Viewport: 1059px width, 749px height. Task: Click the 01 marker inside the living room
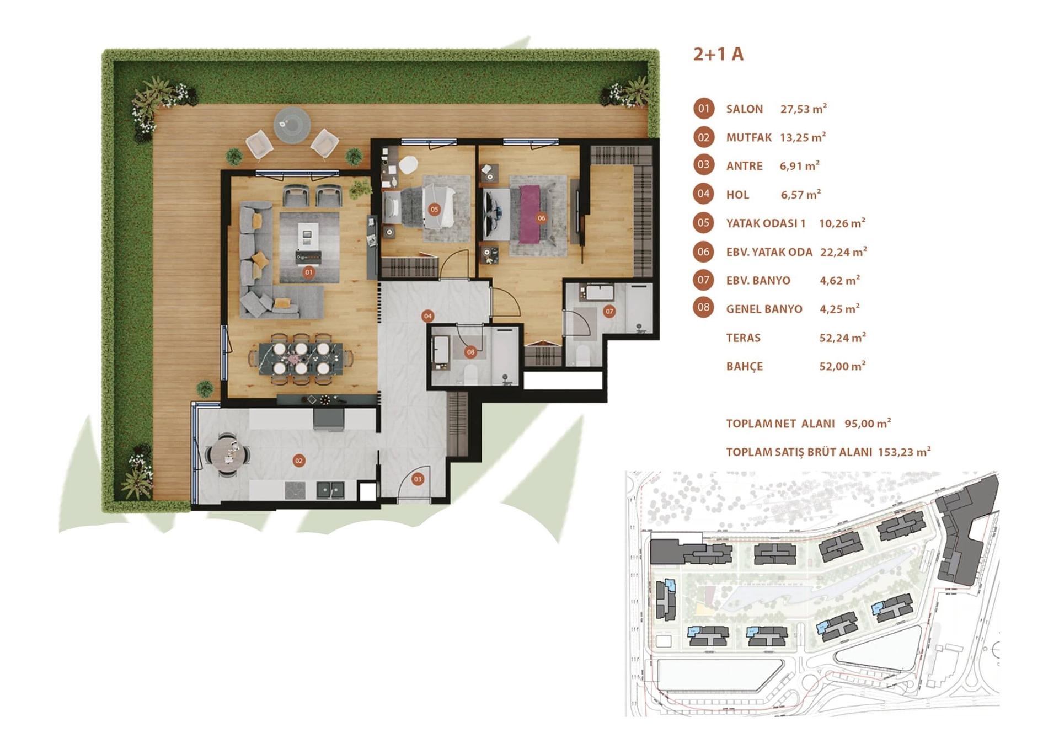click(308, 272)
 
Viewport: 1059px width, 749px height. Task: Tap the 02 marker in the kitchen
click(298, 461)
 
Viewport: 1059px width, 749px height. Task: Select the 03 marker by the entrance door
click(418, 479)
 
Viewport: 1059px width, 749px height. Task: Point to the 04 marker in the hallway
click(427, 316)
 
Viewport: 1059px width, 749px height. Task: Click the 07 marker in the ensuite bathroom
click(609, 311)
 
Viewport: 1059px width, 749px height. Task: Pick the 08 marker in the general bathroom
click(470, 352)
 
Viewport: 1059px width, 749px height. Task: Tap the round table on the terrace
click(292, 125)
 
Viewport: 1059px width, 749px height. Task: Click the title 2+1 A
click(718, 54)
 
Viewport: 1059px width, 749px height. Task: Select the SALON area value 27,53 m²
click(803, 109)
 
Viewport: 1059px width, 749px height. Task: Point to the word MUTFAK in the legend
click(748, 137)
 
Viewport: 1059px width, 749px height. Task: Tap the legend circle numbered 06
click(703, 252)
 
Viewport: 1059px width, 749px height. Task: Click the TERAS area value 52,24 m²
click(842, 338)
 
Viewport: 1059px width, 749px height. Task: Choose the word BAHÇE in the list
click(744, 366)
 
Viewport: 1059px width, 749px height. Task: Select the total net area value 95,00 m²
click(868, 424)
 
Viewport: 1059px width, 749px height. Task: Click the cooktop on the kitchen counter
click(295, 489)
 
